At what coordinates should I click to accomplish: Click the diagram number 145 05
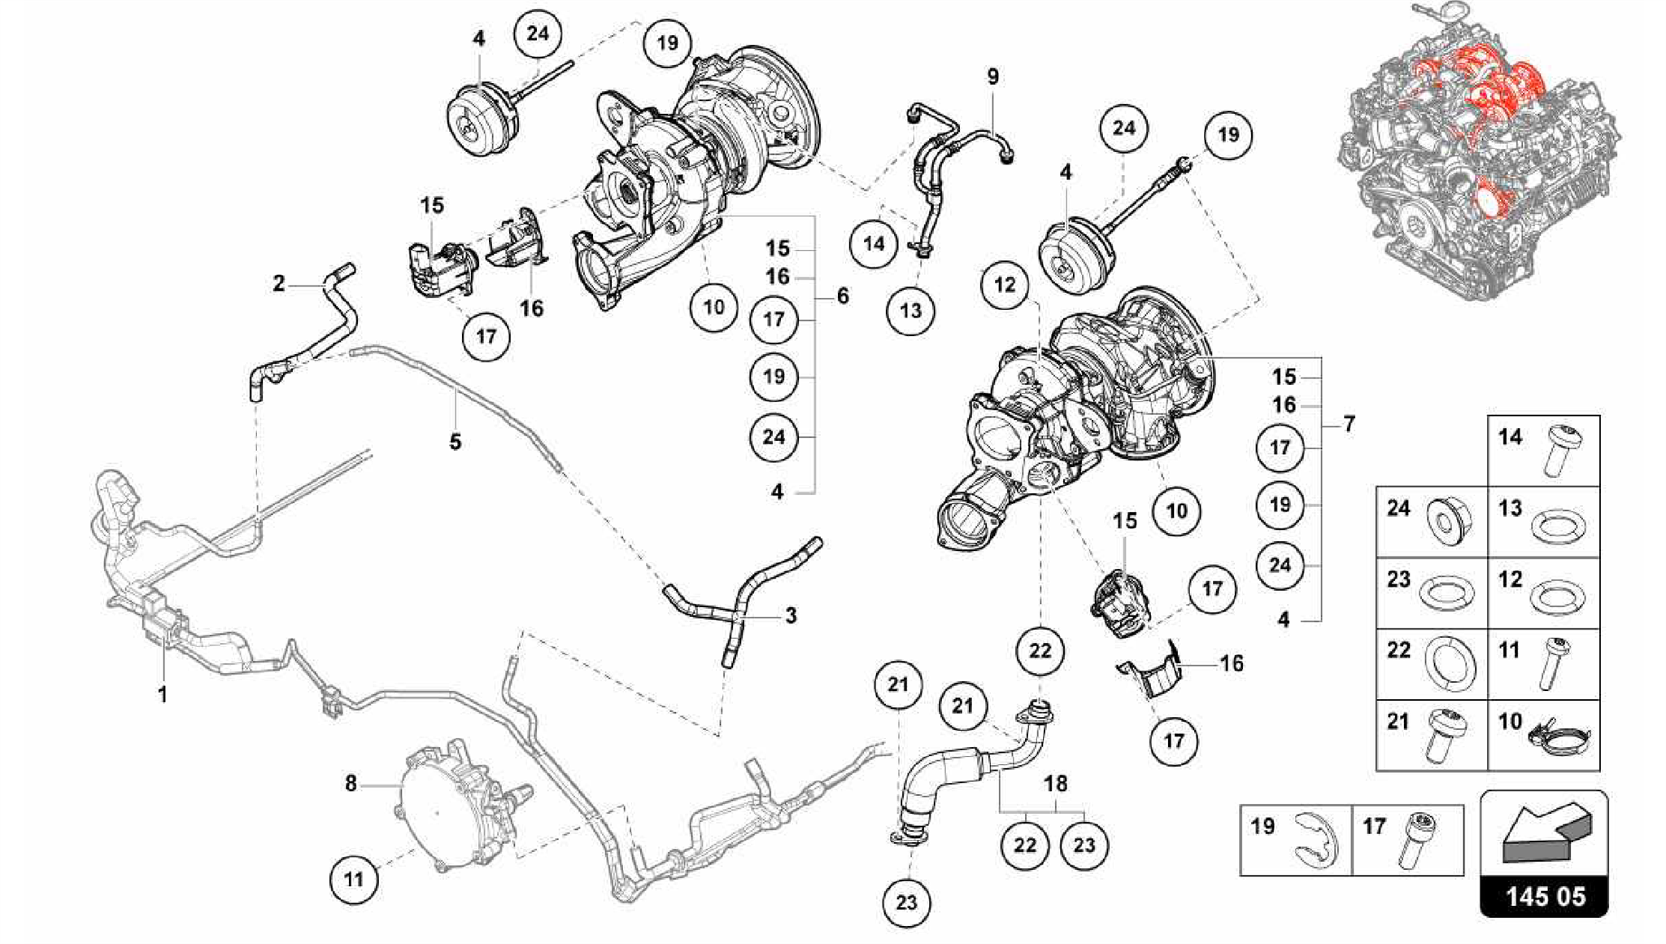pos(1544,897)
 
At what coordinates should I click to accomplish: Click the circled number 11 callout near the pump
pos(353,879)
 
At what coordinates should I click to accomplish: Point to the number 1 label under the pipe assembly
pos(163,694)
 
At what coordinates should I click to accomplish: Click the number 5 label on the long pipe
pos(456,442)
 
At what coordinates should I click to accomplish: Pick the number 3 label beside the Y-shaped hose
pos(791,615)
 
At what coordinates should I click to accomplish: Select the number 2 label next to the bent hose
pos(279,283)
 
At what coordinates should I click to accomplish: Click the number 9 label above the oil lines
pos(992,76)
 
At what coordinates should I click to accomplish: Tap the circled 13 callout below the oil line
pos(911,310)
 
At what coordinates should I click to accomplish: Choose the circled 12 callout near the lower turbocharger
pos(1005,285)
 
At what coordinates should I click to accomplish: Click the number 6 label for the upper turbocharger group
pos(843,296)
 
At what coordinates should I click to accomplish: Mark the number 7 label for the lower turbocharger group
pos(1350,423)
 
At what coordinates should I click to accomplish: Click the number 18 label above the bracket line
pos(1055,784)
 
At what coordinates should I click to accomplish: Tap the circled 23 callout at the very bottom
pos(906,902)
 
